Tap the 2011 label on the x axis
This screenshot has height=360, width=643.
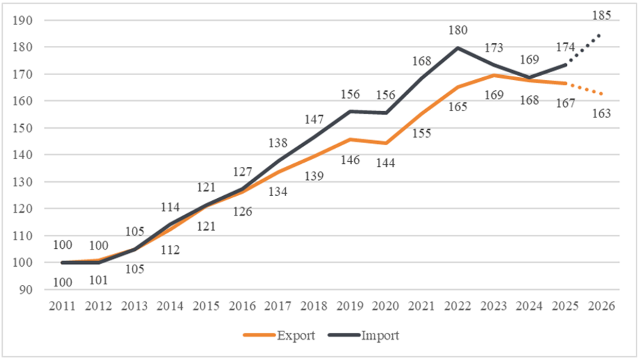[62, 305]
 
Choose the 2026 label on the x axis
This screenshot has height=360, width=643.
[601, 305]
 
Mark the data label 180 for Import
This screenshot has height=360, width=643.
[458, 30]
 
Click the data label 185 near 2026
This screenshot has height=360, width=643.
[601, 15]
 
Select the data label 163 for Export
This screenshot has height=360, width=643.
[601, 113]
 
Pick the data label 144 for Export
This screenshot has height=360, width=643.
[386, 163]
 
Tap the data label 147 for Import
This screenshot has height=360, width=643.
[314, 119]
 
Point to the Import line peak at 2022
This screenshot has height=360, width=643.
[458, 47]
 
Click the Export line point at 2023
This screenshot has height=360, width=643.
[493, 75]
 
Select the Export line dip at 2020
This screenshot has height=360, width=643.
[386, 143]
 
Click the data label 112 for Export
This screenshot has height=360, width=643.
[170, 250]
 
